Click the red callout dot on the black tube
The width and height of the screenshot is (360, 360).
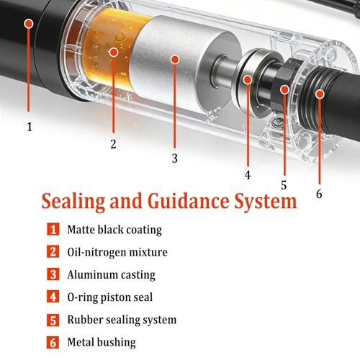29,24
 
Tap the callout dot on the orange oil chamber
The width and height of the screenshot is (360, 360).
114,52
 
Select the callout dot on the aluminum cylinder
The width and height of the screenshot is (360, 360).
175,59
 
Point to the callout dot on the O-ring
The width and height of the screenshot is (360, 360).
248,79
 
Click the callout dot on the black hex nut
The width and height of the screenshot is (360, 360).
284,90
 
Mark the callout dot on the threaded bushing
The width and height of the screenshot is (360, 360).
320,94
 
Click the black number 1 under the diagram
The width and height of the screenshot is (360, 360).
30,127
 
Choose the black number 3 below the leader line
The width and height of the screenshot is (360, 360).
175,158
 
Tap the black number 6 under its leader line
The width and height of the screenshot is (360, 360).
319,194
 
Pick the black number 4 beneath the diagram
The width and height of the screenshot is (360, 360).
248,175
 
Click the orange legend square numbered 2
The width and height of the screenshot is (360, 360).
53,252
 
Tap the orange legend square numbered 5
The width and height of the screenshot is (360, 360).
53,320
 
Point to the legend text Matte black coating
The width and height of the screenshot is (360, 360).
114,230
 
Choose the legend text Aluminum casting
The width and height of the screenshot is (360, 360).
111,275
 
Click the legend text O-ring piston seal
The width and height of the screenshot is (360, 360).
110,297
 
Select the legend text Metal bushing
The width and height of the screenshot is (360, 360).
102,343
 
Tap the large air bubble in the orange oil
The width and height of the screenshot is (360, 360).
120,37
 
